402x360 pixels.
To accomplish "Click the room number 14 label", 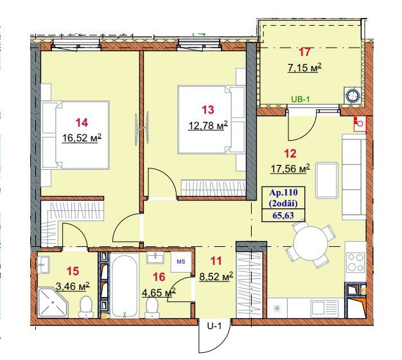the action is click(x=82, y=123).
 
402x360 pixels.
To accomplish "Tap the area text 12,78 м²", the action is click(x=208, y=125).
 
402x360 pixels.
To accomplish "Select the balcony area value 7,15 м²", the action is click(x=304, y=68).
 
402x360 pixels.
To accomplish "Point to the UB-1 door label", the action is click(x=302, y=99).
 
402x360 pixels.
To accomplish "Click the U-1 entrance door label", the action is click(x=214, y=327).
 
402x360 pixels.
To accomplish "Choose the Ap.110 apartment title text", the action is click(x=283, y=192).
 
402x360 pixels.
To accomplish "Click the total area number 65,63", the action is click(x=283, y=215).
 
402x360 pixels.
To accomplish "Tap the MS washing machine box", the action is click(x=181, y=262).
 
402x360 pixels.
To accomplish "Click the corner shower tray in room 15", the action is click(x=53, y=303).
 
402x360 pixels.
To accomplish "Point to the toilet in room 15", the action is click(x=86, y=307).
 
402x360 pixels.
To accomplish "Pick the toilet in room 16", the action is click(x=152, y=308).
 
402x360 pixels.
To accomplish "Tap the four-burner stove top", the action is click(x=355, y=262).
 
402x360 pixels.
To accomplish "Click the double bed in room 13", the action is click(x=211, y=120).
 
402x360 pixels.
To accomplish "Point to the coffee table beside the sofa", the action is click(x=327, y=181).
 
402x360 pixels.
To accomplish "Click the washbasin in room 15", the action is click(x=44, y=265).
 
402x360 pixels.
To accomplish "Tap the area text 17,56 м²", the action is click(x=290, y=169).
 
